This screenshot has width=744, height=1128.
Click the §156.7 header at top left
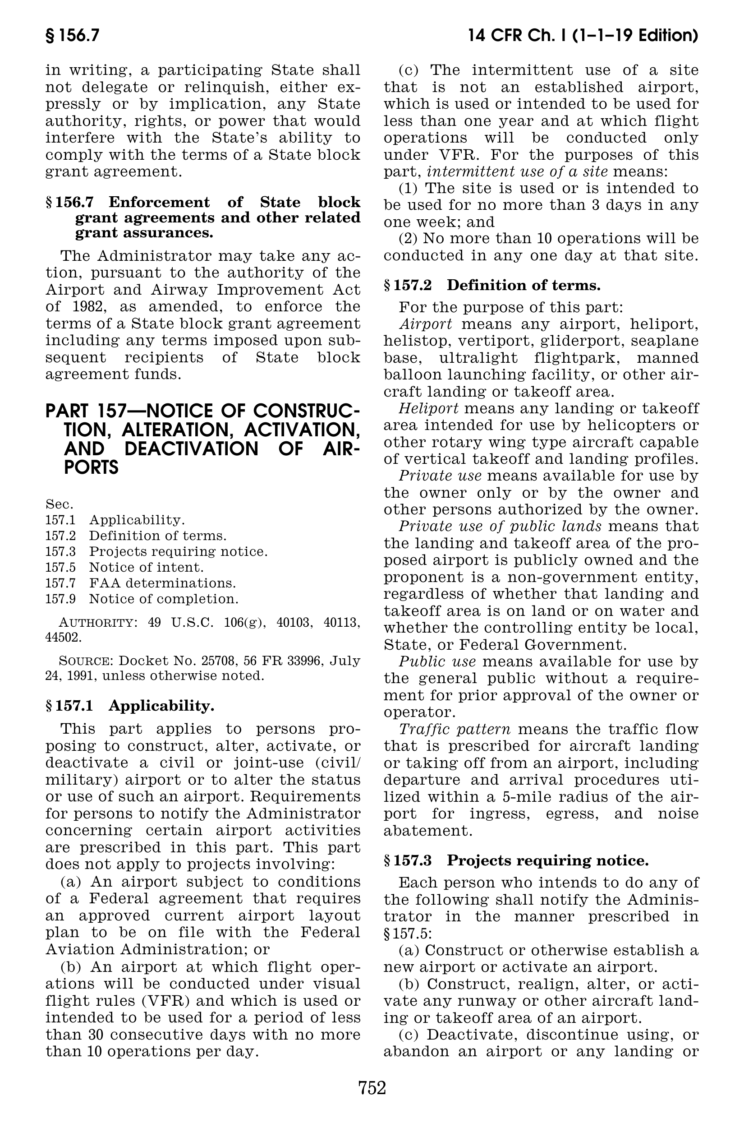[x=72, y=37]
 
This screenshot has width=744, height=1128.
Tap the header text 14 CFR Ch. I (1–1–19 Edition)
[x=583, y=37]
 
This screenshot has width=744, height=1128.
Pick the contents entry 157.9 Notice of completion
[x=142, y=599]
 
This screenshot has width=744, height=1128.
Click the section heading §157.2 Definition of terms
[x=492, y=285]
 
